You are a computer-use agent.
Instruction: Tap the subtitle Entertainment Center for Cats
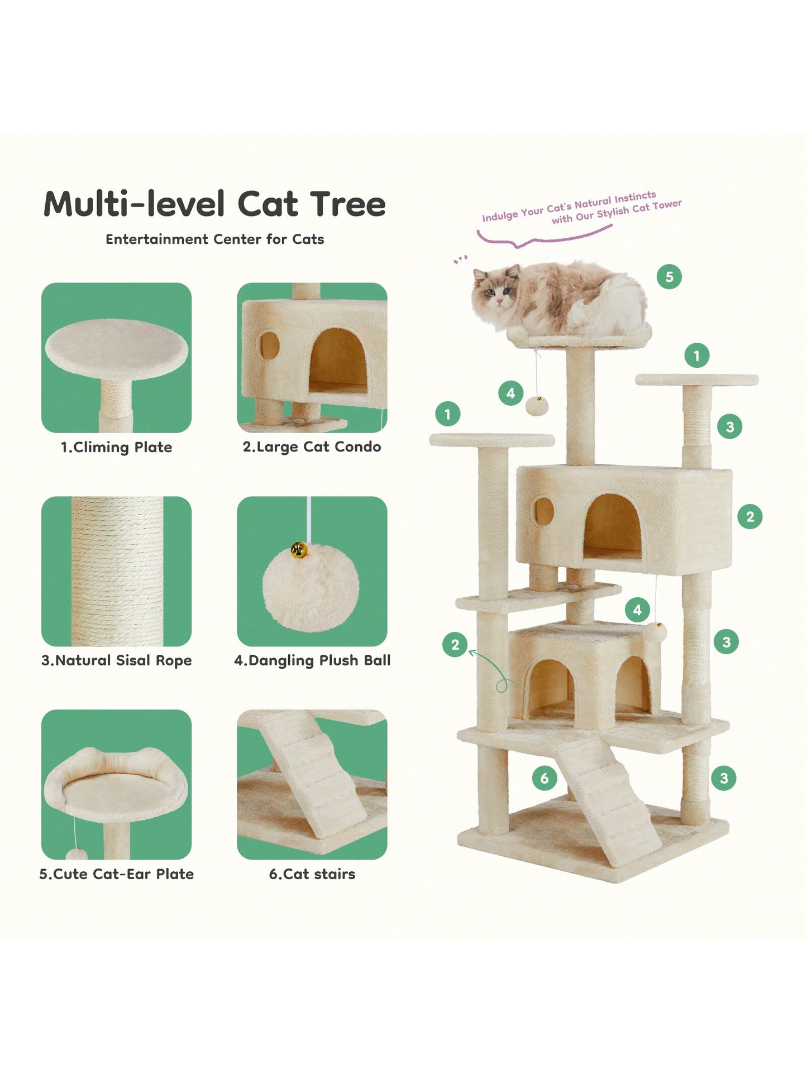[215, 239]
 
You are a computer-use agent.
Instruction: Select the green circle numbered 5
[669, 276]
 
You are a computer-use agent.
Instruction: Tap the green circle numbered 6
[545, 778]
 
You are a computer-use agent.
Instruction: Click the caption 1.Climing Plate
[116, 447]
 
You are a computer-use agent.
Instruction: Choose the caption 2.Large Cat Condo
[312, 447]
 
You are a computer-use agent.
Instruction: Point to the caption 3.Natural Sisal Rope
[116, 660]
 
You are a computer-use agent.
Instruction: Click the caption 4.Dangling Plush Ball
[312, 660]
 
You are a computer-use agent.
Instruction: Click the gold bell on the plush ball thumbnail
[299, 551]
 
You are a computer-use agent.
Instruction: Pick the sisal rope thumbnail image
[116, 571]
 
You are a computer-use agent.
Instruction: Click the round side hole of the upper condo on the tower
[544, 511]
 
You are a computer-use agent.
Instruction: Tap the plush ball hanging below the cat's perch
[537, 406]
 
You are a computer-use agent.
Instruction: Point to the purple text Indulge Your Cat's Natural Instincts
[569, 206]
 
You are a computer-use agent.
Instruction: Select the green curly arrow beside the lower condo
[492, 670]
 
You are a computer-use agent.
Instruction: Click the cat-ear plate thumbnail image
[116, 784]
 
